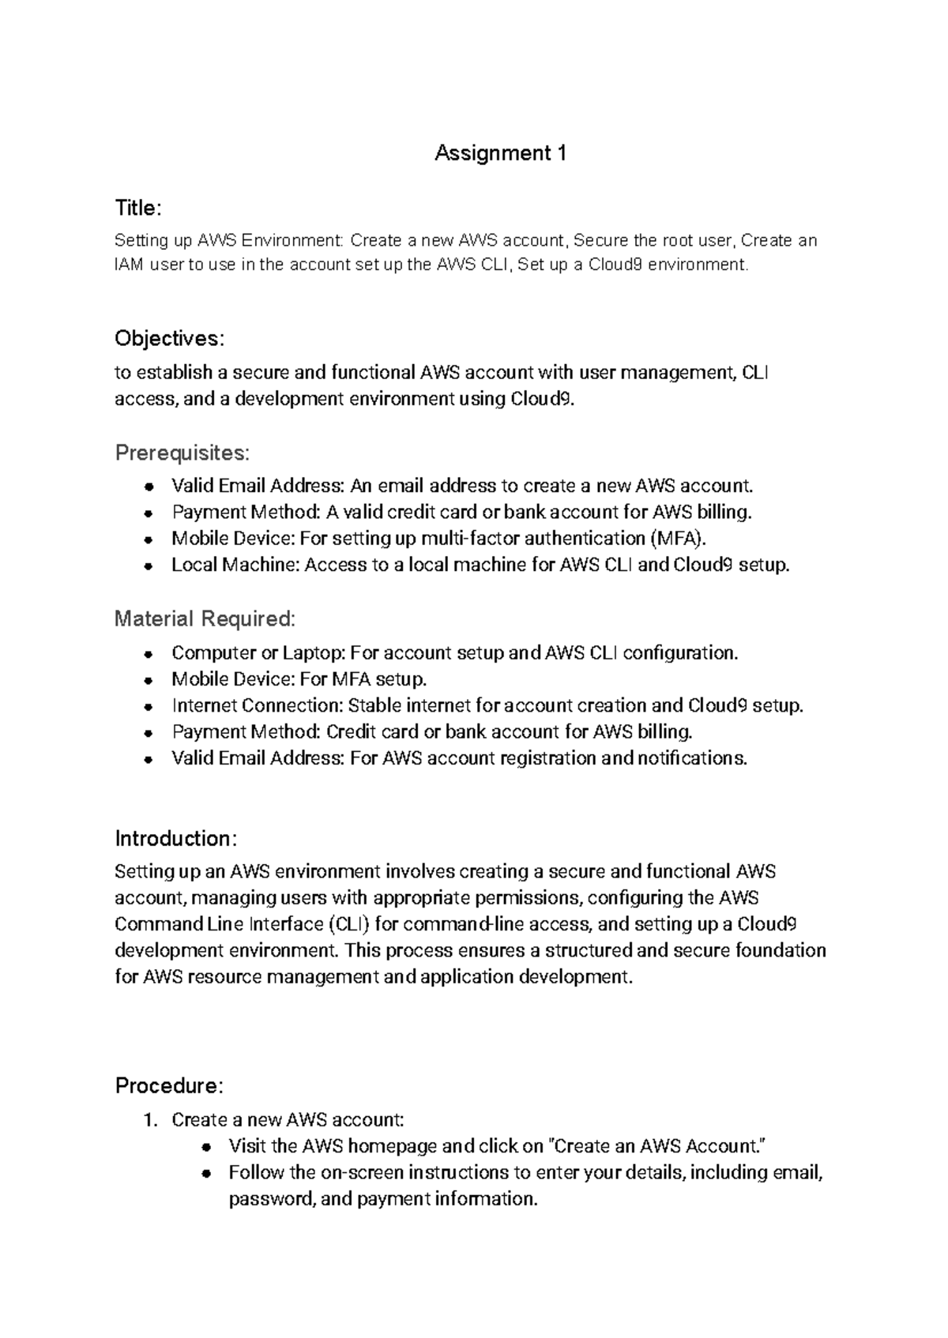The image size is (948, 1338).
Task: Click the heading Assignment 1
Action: pyautogui.click(x=500, y=152)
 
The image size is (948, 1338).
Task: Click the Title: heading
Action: pyautogui.click(x=138, y=208)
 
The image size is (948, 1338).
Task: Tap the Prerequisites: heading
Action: pyautogui.click(x=182, y=453)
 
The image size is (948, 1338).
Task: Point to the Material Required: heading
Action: pyautogui.click(x=205, y=618)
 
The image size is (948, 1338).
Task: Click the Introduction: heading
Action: pyautogui.click(x=175, y=838)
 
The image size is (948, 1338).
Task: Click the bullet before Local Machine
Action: pyautogui.click(x=148, y=566)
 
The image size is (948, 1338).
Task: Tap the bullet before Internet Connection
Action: pyautogui.click(x=148, y=706)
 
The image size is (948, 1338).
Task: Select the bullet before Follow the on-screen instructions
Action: pyautogui.click(x=205, y=1173)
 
